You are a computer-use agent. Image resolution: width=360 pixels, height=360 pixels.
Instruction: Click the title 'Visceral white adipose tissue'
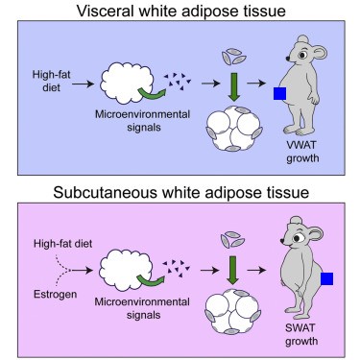180,11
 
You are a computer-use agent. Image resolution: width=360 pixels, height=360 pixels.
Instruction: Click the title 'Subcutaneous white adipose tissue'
180,192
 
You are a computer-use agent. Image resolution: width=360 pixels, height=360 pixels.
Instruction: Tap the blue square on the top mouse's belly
279,93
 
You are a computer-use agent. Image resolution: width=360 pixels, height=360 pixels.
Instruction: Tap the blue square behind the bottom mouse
326,278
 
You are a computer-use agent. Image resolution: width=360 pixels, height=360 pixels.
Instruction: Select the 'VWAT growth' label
302,152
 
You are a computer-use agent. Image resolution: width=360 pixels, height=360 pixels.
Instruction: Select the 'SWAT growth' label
301,334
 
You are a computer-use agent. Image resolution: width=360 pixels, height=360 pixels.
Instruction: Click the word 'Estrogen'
56,294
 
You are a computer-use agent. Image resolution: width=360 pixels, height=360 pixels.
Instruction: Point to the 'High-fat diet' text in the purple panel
62,243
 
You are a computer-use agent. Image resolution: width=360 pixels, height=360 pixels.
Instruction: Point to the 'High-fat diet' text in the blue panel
51,81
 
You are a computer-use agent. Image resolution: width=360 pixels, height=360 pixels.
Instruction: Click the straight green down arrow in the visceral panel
234,86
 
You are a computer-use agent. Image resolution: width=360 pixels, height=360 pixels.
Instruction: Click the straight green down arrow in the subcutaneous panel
233,270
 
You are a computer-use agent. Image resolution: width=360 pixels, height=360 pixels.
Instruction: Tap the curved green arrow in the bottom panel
151,280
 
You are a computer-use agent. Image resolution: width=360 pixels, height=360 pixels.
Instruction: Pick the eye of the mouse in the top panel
301,55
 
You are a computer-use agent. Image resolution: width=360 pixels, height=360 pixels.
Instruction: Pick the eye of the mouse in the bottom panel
297,238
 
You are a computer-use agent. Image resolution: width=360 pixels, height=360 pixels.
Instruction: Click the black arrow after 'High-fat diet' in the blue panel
83,84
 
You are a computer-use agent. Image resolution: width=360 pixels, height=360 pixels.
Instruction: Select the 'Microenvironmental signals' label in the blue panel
142,121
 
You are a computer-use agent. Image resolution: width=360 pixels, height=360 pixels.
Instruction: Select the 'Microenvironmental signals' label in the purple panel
142,308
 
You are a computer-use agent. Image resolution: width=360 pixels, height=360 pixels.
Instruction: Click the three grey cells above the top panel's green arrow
234,57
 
